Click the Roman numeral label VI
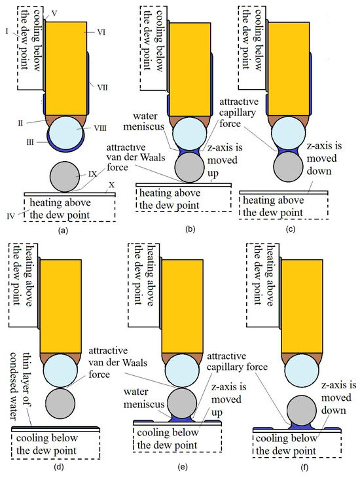pyautogui.click(x=101, y=32)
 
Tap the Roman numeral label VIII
pyautogui.click(x=100, y=128)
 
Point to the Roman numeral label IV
pyautogui.click(x=10, y=217)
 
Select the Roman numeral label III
pyautogui.click(x=30, y=142)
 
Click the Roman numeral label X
pyautogui.click(x=111, y=185)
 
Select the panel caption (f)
pyautogui.click(x=304, y=468)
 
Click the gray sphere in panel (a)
pyautogui.click(x=65, y=177)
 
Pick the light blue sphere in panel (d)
pyautogui.click(x=61, y=371)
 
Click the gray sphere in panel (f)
pyautogui.click(x=302, y=411)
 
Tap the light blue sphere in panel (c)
pyautogui.click(x=289, y=133)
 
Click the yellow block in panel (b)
pyautogui.click(x=190, y=69)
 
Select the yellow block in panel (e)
pyautogui.click(x=182, y=306)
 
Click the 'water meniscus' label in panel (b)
pyautogui.click(x=144, y=121)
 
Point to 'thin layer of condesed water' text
pyautogui.click(x=21, y=386)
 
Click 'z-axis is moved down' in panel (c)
pyautogui.click(x=325, y=158)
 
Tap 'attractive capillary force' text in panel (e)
pyautogui.click(x=237, y=361)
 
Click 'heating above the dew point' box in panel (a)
pyautogui.click(x=69, y=209)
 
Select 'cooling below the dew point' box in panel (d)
pyautogui.click(x=56, y=445)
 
